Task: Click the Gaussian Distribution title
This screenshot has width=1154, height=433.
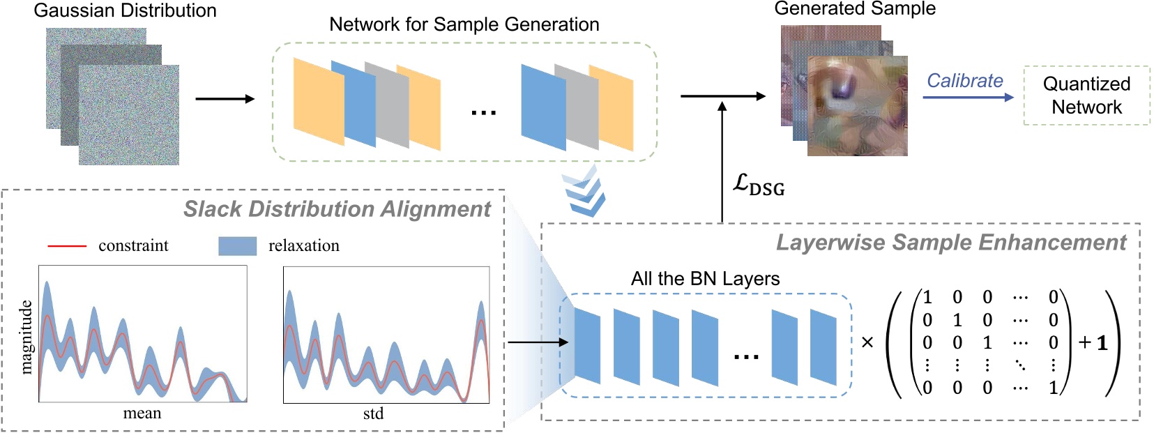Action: [x=125, y=10]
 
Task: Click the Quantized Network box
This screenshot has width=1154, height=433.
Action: [x=1086, y=96]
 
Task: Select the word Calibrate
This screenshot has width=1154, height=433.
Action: [x=964, y=80]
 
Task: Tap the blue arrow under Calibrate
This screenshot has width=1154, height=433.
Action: [x=968, y=98]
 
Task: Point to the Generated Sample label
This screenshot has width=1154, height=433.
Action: [x=855, y=8]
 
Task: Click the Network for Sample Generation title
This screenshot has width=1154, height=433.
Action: [x=464, y=24]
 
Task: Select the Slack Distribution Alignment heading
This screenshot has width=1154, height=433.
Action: [x=337, y=208]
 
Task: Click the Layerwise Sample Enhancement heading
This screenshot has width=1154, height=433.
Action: [x=950, y=242]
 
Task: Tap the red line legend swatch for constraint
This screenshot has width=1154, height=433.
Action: [x=66, y=246]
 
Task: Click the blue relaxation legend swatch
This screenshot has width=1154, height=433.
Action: [x=237, y=245]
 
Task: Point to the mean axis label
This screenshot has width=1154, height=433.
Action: [x=142, y=413]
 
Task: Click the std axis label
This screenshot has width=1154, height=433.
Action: [x=373, y=413]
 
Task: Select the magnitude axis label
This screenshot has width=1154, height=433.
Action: [x=26, y=337]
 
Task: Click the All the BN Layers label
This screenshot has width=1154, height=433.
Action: [x=705, y=278]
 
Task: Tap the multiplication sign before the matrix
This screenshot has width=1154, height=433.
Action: [x=867, y=342]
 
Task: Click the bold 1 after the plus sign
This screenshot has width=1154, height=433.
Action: [x=1102, y=342]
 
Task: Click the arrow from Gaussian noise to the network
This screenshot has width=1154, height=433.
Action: [x=225, y=99]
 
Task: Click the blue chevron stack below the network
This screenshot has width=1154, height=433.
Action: [x=584, y=191]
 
